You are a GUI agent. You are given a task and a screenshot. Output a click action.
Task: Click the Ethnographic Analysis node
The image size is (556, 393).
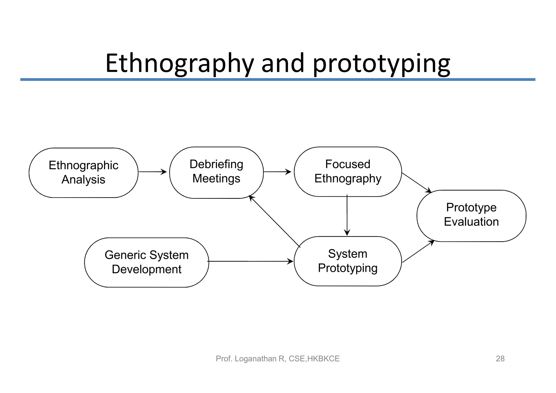[x=83, y=172]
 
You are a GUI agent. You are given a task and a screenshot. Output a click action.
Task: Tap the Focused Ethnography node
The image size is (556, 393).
[x=348, y=172]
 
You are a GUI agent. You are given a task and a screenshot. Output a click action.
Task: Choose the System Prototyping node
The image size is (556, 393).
[x=348, y=261]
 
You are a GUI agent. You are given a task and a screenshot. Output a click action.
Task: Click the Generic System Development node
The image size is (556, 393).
[x=147, y=262]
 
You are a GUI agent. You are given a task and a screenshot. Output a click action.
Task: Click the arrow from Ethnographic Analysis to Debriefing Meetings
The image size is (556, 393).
[x=153, y=172]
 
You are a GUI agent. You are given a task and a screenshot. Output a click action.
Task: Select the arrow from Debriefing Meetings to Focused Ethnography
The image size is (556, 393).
[x=277, y=172]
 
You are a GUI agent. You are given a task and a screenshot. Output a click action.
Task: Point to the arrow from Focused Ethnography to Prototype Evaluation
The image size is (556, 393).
[x=416, y=183]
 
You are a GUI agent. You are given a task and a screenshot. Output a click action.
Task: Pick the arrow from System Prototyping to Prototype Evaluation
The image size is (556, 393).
[x=418, y=251]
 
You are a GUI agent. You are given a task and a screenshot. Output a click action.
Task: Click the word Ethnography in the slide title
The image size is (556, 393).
[x=179, y=64]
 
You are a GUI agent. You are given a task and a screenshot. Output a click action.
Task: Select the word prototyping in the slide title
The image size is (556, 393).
[x=381, y=64]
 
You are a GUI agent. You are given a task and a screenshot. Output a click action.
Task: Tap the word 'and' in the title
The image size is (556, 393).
[x=283, y=64]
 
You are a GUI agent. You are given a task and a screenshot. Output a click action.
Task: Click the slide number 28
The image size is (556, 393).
[x=500, y=359]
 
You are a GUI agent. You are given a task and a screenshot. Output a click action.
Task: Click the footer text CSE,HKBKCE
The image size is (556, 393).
[x=314, y=359]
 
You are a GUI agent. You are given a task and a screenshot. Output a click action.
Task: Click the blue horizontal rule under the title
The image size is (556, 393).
[x=278, y=80]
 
